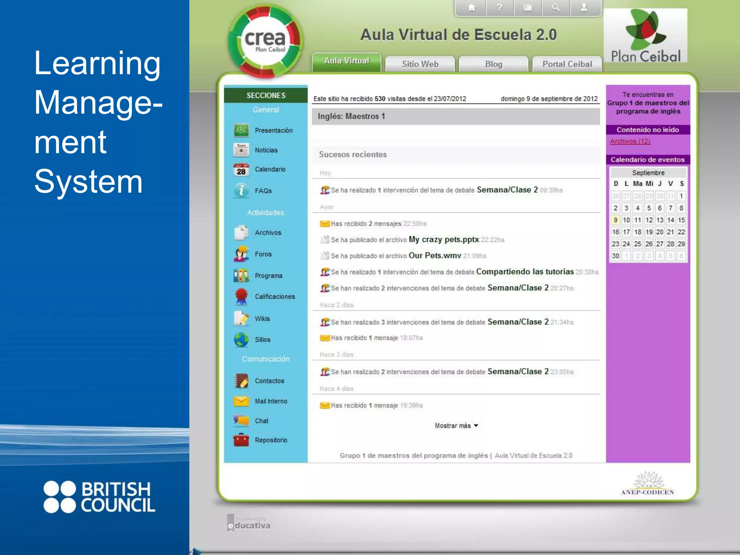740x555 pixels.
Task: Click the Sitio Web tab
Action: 420,64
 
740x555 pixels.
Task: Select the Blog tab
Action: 494,64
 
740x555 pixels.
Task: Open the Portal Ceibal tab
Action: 567,64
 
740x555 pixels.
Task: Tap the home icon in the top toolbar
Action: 471,8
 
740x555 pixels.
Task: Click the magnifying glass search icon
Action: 556,8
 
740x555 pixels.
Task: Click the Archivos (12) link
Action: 630,141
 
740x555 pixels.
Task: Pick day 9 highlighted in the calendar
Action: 615,220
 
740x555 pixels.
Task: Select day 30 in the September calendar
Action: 615,256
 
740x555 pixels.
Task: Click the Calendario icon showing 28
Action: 241,170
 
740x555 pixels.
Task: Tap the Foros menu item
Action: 263,254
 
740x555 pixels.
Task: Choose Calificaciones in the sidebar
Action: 275,297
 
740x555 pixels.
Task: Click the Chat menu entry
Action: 261,421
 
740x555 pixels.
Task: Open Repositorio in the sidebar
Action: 271,440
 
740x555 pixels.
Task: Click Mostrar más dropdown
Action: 456,426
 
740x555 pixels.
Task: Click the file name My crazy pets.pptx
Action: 444,240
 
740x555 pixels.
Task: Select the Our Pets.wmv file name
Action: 435,256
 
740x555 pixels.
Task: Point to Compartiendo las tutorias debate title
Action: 525,272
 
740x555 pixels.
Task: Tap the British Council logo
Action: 99,497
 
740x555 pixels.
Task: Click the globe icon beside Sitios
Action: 241,340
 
